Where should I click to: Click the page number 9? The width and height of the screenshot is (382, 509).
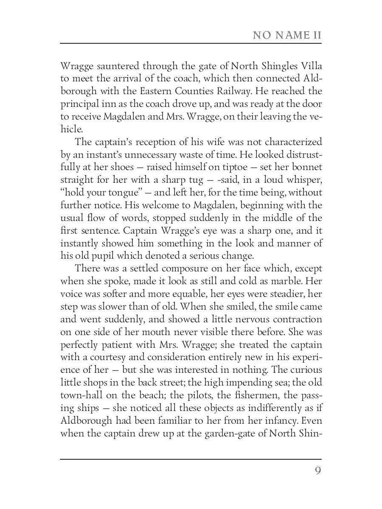pos(317,471)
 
